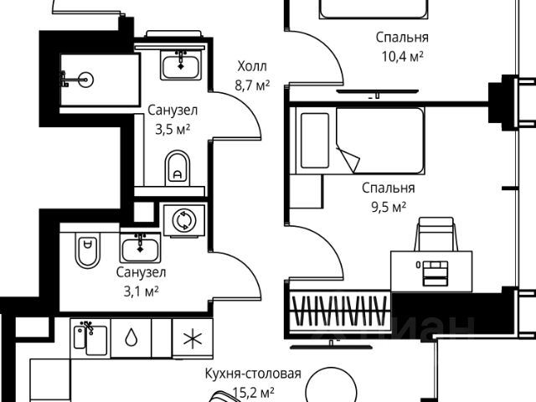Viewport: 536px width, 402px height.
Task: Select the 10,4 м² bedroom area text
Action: coord(402,55)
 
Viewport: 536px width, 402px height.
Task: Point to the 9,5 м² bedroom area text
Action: coord(384,205)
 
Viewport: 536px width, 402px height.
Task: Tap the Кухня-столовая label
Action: coord(252,375)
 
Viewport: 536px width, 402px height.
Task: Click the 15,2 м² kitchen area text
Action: coord(252,392)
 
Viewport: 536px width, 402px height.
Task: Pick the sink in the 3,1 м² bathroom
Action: coord(137,246)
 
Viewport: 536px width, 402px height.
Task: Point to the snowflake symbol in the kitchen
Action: coord(192,338)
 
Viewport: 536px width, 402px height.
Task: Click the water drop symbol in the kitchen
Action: coord(131,338)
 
